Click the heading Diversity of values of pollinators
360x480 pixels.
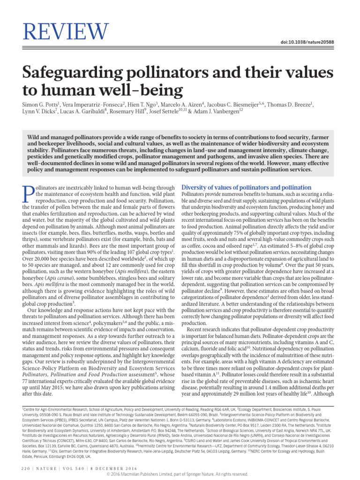246,187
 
